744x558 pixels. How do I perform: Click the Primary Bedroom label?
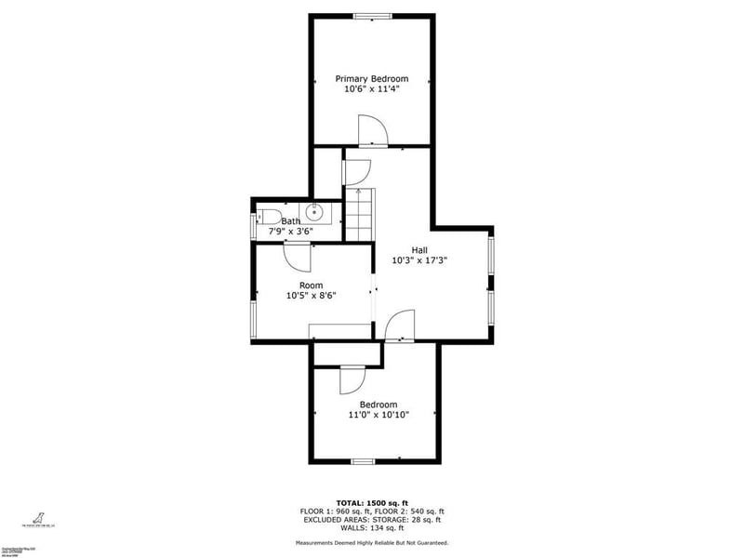point(371,79)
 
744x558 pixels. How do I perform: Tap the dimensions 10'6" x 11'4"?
point(371,90)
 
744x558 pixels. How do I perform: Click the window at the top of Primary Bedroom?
point(371,15)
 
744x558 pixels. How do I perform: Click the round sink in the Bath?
point(313,211)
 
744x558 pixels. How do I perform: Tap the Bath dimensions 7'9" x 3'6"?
point(291,231)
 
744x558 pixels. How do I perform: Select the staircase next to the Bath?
point(358,213)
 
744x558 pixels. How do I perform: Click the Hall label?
point(419,249)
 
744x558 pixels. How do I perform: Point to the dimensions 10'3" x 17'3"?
point(419,260)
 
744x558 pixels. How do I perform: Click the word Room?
point(311,285)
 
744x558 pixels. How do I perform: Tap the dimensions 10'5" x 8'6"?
point(311,296)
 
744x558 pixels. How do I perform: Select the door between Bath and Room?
point(297,252)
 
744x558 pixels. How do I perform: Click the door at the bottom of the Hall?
point(397,325)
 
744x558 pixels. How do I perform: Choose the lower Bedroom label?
point(379,405)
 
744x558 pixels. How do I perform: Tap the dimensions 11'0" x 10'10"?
point(379,416)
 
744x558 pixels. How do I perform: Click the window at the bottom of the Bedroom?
point(363,461)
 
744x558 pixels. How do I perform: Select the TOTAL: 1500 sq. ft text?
point(371,502)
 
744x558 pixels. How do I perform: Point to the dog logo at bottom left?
point(39,518)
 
